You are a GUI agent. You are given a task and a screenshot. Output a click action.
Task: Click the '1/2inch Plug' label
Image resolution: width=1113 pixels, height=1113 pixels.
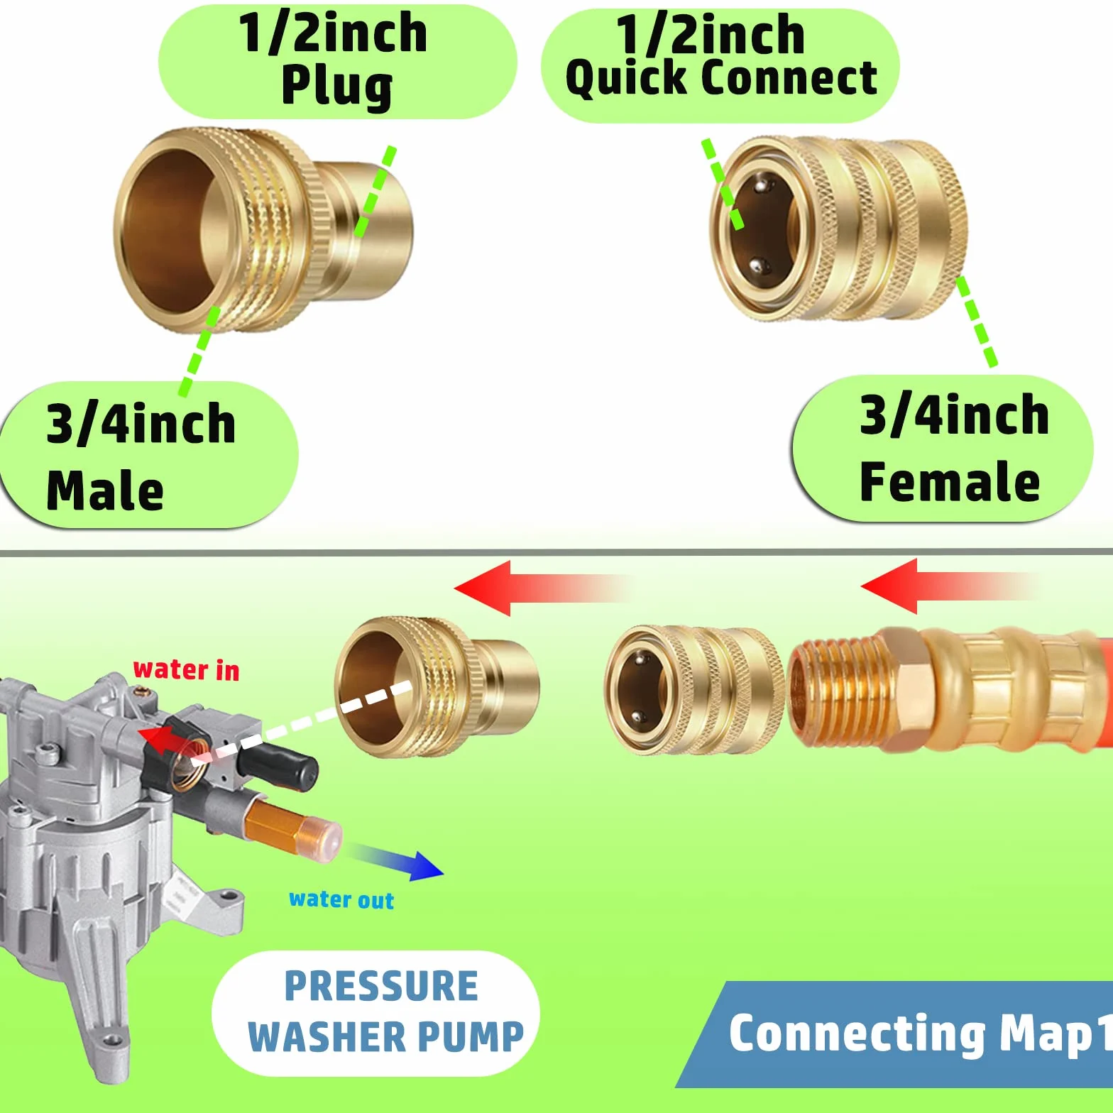pyautogui.click(x=333, y=60)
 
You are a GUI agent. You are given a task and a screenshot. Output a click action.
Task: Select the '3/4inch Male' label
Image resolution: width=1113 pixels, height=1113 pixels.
pyautogui.click(x=141, y=456)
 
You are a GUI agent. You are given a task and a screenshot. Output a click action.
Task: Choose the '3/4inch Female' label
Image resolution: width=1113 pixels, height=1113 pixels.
pyautogui.click(x=953, y=449)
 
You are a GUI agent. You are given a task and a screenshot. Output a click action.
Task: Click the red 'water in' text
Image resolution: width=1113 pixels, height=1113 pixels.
pyautogui.click(x=186, y=669)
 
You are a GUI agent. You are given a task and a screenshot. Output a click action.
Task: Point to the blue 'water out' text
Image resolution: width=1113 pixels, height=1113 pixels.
pyautogui.click(x=341, y=899)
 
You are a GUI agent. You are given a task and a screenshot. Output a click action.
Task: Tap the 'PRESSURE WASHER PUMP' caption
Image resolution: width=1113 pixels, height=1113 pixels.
pyautogui.click(x=384, y=1011)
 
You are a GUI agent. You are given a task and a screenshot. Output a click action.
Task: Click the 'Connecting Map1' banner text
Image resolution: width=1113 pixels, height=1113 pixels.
pyautogui.click(x=920, y=1033)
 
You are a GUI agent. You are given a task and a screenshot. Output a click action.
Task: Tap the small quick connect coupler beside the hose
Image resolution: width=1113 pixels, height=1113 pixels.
pyautogui.click(x=694, y=689)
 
